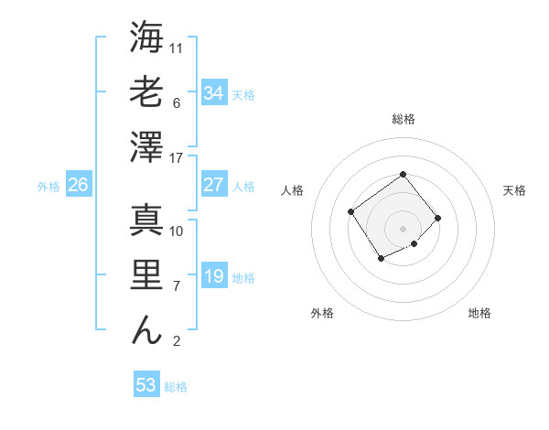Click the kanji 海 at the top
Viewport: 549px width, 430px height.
click(146, 38)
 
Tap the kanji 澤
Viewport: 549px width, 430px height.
click(146, 147)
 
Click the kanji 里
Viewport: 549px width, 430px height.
click(146, 275)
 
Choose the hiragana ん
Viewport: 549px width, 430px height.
click(146, 330)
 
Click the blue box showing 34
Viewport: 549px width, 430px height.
click(214, 92)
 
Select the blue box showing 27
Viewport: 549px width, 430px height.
click(214, 185)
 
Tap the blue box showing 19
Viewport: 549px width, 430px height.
click(214, 276)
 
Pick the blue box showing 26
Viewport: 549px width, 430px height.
click(79, 185)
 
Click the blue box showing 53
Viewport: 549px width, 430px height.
click(146, 384)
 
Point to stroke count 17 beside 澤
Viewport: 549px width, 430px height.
click(177, 158)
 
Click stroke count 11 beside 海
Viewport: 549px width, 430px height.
click(177, 48)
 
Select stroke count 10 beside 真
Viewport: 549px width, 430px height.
click(177, 231)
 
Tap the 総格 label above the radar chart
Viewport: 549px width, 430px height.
click(403, 119)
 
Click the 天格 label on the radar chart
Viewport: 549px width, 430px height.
click(514, 190)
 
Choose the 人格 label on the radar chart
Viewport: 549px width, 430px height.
click(293, 190)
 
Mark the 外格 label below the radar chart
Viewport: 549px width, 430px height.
click(321, 313)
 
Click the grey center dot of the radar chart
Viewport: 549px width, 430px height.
click(403, 228)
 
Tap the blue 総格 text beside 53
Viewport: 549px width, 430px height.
click(177, 387)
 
